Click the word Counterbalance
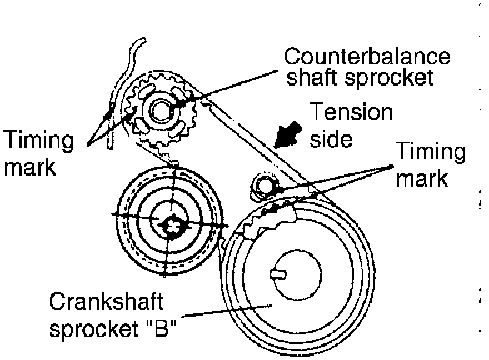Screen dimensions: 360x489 coord(367,57)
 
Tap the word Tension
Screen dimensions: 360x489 coord(351,112)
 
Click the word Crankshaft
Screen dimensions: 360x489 coord(106,303)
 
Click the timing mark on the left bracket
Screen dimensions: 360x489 coord(111,108)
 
